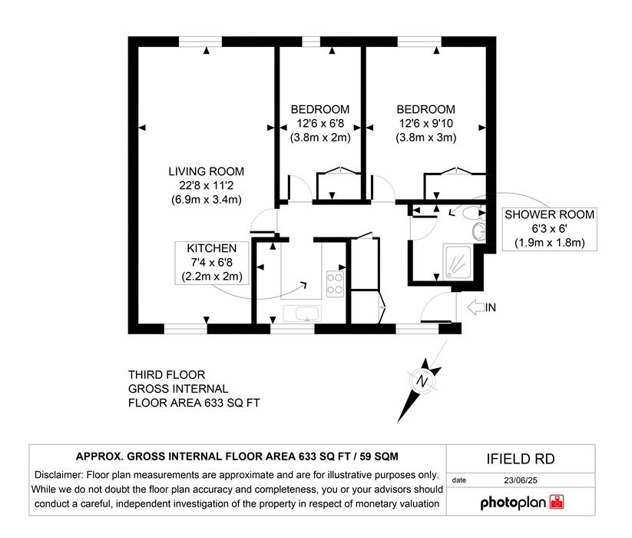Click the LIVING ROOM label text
(206, 171)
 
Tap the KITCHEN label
(212, 248)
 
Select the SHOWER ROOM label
(549, 214)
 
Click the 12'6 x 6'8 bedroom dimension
(320, 124)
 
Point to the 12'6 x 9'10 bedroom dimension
(426, 124)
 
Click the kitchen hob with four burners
(335, 284)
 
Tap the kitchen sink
(303, 314)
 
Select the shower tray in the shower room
(458, 262)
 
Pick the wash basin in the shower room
(479, 231)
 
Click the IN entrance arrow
(476, 307)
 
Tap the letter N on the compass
(422, 381)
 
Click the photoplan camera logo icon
(557, 502)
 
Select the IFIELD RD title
(521, 459)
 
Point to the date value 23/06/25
(521, 480)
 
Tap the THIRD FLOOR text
(167, 375)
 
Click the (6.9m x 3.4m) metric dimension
(207, 200)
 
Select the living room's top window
(200, 42)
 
